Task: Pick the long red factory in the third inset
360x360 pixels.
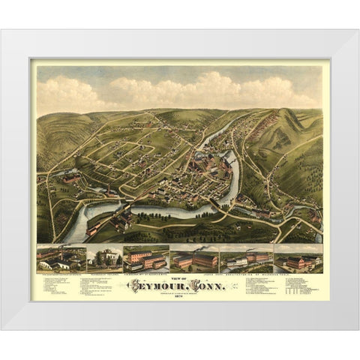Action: pos(146,259)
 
